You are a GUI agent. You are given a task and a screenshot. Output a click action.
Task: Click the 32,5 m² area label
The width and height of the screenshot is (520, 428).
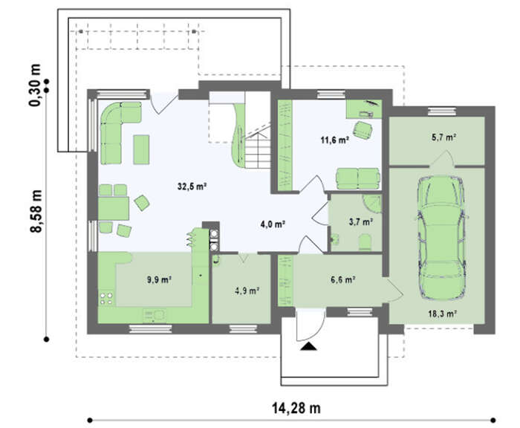192,187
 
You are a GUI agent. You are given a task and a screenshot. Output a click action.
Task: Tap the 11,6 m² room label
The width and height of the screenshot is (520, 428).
334,140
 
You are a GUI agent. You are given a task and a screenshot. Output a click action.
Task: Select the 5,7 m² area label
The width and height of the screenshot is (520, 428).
443,137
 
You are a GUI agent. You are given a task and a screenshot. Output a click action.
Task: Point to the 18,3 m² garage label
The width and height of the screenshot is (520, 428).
443,314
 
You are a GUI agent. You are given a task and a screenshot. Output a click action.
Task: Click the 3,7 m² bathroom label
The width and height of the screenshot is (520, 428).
361,222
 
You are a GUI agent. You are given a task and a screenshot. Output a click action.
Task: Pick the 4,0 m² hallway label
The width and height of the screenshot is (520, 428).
273,224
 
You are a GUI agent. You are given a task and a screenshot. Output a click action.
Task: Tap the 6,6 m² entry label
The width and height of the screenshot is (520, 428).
343,280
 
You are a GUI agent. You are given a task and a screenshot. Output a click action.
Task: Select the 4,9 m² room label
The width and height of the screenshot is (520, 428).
247,291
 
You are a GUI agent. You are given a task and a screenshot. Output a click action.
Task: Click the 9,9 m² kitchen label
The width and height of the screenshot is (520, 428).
159,280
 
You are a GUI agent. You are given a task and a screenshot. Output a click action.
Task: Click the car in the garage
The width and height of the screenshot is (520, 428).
441,239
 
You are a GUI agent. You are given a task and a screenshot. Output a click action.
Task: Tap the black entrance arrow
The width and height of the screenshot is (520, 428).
308,346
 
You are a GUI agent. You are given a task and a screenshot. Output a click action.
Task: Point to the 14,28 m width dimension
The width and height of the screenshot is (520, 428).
296,408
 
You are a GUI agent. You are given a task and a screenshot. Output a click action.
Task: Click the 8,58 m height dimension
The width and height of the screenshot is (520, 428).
36,211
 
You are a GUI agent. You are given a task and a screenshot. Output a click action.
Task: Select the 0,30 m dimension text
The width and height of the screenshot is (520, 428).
35,85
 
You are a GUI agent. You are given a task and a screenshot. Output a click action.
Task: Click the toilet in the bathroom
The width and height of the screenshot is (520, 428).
365,241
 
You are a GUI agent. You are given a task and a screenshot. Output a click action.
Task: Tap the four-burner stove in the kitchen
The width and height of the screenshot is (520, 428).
106,298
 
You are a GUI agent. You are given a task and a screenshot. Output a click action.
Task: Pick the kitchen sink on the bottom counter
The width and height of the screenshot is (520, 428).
154,316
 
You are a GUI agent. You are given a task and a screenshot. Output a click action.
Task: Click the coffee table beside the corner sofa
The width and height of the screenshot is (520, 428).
141,149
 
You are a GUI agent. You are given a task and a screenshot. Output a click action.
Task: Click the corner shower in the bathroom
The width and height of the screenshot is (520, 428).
373,204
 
